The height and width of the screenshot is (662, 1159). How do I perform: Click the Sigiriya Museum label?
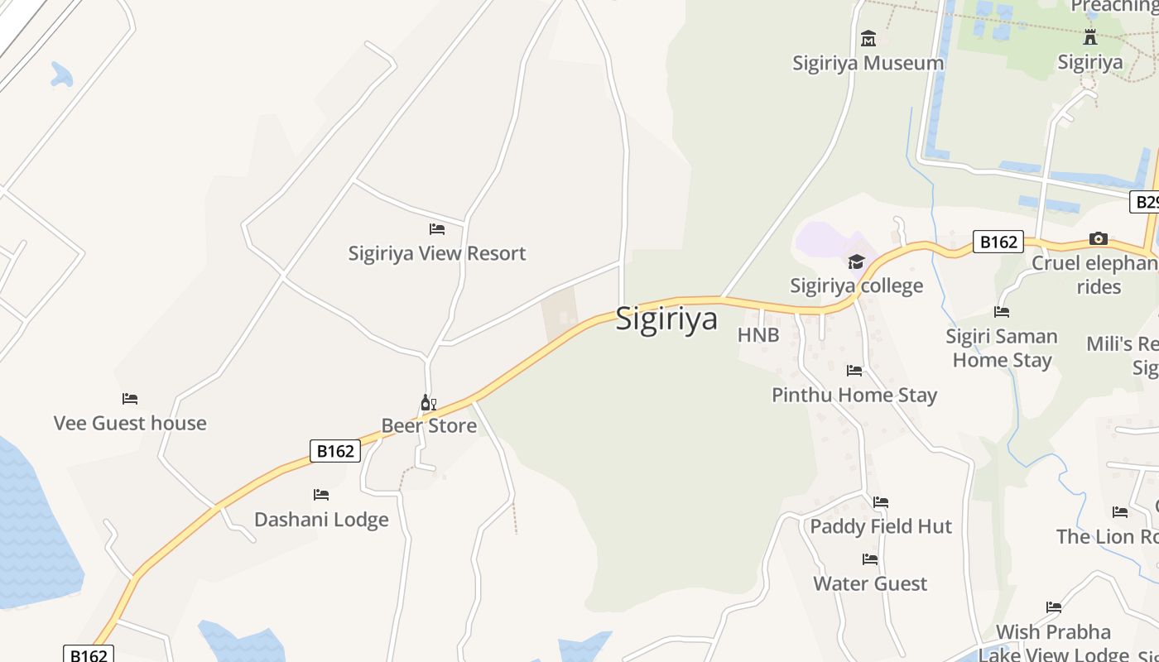click(868, 63)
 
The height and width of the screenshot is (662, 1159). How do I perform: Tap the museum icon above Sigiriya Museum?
click(868, 38)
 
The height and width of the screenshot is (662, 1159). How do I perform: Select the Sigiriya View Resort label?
click(436, 253)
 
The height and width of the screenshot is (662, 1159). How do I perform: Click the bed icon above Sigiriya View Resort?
click(437, 228)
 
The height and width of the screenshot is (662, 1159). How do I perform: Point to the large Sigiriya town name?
click(666, 319)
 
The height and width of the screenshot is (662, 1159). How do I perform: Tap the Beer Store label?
click(429, 426)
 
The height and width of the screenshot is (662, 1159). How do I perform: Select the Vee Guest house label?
click(130, 423)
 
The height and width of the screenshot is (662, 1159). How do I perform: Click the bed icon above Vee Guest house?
click(130, 399)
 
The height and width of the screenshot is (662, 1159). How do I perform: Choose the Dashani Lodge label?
click(321, 520)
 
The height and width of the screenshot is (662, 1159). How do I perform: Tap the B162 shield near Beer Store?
click(335, 451)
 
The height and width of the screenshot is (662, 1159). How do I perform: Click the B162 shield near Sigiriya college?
click(998, 242)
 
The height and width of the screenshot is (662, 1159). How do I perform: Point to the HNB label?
click(758, 335)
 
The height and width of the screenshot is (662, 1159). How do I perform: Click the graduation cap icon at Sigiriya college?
click(856, 262)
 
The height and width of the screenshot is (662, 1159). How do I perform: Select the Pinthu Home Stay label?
click(854, 395)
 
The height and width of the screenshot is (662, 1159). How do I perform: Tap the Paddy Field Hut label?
click(881, 526)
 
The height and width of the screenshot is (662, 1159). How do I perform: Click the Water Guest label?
click(870, 583)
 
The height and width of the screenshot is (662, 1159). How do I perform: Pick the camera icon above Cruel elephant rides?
click(1099, 239)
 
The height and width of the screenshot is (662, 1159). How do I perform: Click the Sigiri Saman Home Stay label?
click(1002, 348)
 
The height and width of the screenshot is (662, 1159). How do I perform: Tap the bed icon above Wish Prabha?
click(1054, 607)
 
